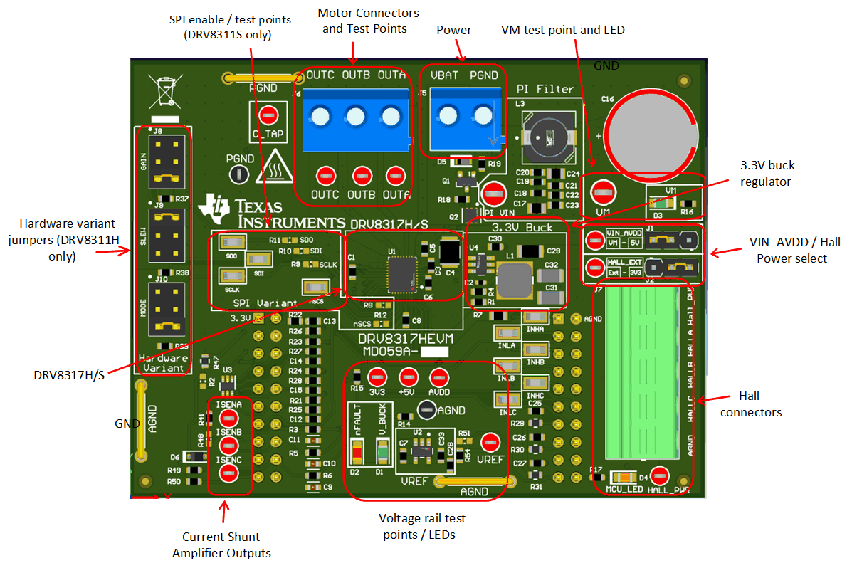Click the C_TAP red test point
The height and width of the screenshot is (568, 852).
268,114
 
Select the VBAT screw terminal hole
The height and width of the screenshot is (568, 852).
447,116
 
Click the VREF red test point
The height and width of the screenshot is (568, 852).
490,443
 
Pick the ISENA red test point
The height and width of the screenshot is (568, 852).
228,418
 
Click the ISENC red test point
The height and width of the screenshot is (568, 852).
228,475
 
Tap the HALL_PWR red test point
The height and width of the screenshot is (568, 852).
660,475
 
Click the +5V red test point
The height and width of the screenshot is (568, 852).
408,377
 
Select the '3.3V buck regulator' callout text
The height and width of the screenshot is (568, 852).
767,172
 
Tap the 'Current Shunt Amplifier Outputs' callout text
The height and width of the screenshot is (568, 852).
221,545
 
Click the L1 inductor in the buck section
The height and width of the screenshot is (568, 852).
515,279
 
